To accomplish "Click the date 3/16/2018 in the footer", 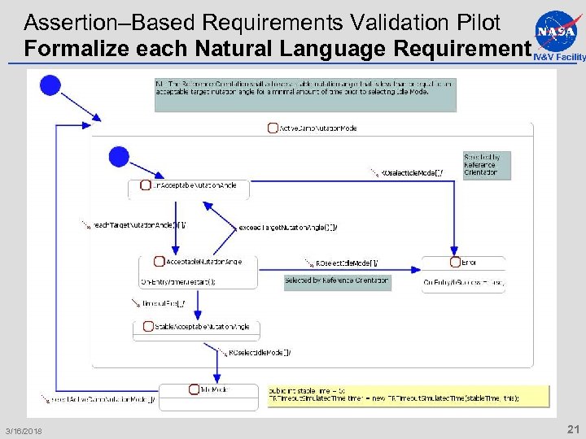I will (x=24, y=430).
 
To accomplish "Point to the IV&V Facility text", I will (x=559, y=58).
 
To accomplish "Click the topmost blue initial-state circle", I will (x=50, y=85).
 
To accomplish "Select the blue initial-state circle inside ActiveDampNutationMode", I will (x=119, y=156).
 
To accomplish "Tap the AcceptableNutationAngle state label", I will (x=203, y=262).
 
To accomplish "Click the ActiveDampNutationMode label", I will (x=317, y=128).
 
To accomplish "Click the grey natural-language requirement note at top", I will (x=304, y=94).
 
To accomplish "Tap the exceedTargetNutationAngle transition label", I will (x=287, y=227).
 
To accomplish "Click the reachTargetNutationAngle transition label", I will (x=138, y=224).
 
